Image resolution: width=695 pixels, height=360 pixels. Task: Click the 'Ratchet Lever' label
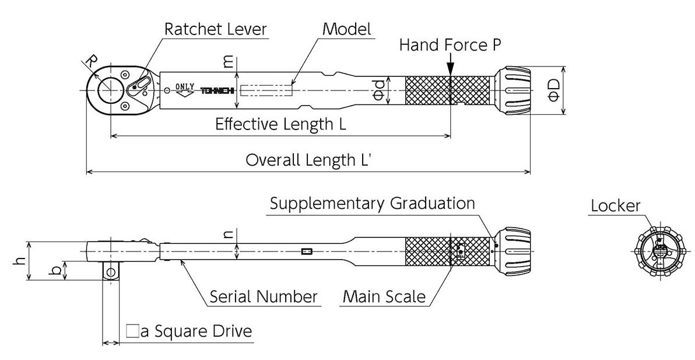point(215,29)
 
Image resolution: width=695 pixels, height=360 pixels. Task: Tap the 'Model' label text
point(347,29)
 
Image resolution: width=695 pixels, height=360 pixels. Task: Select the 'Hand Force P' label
point(450,46)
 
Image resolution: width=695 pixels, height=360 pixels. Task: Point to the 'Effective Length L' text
point(280,124)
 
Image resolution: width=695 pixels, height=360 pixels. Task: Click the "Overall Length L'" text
point(308,160)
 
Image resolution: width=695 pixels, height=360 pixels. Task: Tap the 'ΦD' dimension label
point(553,90)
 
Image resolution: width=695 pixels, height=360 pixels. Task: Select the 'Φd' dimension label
point(378,90)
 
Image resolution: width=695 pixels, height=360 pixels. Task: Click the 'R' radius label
point(90,61)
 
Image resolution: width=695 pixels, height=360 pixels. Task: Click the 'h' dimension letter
point(19,261)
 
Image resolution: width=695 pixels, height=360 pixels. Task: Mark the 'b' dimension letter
point(56,271)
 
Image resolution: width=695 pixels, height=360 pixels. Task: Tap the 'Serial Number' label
point(264,296)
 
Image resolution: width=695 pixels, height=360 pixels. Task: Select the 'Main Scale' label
point(384,296)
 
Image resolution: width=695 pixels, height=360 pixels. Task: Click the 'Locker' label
point(615,205)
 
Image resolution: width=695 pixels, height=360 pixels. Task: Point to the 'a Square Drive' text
point(190,332)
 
